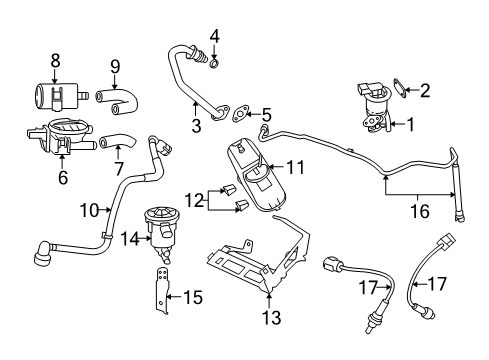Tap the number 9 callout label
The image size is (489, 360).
pyautogui.click(x=114, y=67)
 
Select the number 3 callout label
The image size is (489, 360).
pyautogui.click(x=195, y=125)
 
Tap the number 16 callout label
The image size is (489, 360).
pyautogui.click(x=421, y=211)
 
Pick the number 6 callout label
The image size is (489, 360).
pyautogui.click(x=65, y=178)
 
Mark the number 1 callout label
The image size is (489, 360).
pyautogui.click(x=408, y=125)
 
